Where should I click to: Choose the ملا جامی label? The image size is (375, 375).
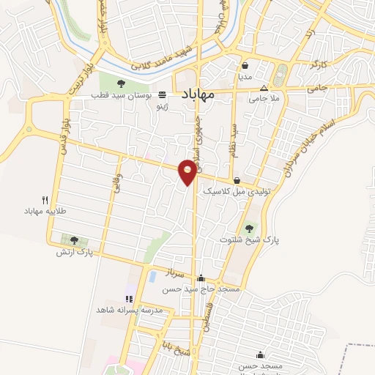[264, 97]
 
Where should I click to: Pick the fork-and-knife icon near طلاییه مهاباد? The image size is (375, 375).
[45, 200]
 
